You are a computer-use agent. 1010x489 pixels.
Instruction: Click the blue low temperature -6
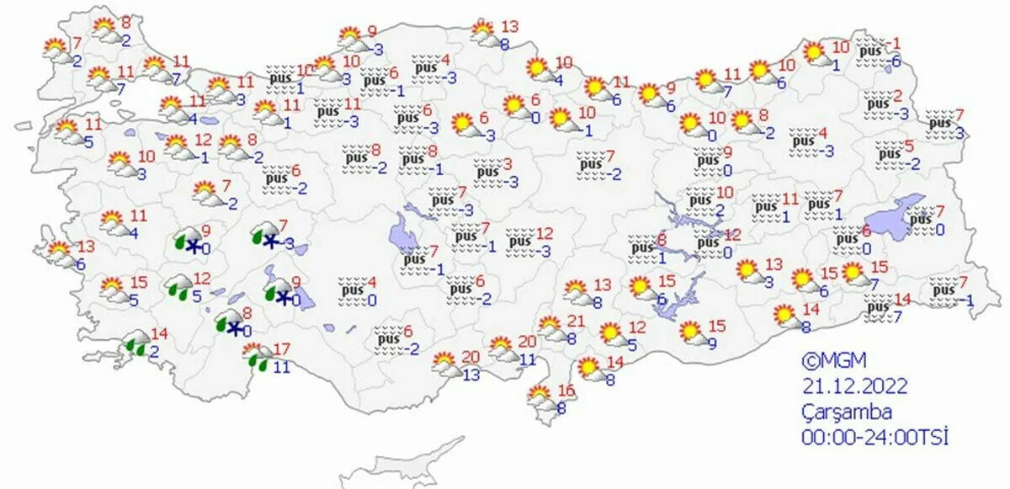click(x=897, y=61)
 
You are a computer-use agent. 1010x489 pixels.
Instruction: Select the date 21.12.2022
click(x=854, y=386)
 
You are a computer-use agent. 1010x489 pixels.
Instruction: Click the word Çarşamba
click(x=846, y=412)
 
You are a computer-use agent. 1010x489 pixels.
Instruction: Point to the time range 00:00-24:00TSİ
click(x=874, y=438)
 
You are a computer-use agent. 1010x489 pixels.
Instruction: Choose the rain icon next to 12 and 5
click(x=178, y=287)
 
